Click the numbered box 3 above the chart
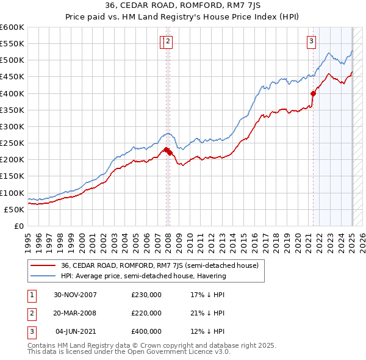[x=311, y=41]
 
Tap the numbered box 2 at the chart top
[x=168, y=41]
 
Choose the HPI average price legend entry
[x=143, y=276]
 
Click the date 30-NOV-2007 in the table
[x=75, y=295]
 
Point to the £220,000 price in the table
[x=146, y=313]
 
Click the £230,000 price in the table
[x=146, y=295]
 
